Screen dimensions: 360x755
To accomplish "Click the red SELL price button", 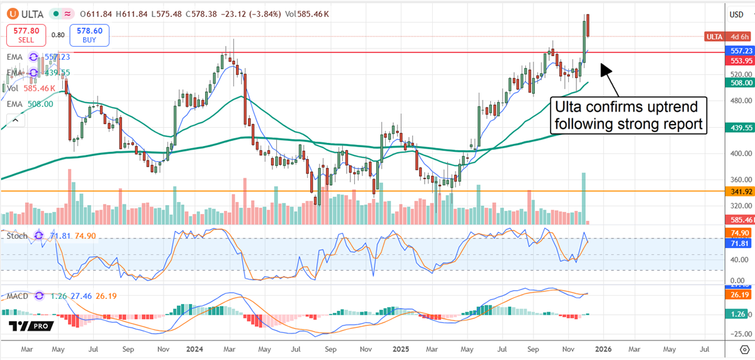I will [x=25, y=34].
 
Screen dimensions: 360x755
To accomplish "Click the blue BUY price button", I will [x=90, y=34].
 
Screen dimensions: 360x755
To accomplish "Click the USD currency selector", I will [x=736, y=14].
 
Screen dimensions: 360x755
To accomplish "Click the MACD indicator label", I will [x=18, y=296].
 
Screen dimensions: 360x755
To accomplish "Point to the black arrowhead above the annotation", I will [x=605, y=68].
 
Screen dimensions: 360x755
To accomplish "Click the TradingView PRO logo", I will [x=30, y=325].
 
